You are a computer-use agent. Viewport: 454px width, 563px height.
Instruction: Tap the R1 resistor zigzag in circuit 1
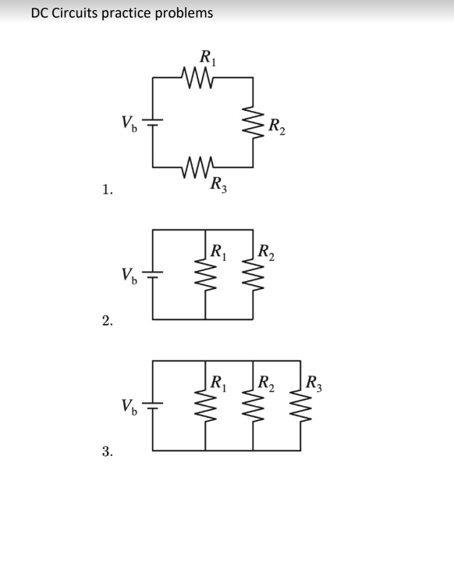coord(198,77)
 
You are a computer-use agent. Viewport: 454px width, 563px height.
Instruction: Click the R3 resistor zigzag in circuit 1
coord(198,167)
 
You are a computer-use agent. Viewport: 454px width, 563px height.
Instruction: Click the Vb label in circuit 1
coord(129,123)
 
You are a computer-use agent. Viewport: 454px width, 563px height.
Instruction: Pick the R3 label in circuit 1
coord(218,184)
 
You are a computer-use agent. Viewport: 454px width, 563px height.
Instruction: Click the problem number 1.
coord(107,189)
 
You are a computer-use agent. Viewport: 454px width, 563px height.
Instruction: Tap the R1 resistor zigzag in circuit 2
coord(205,275)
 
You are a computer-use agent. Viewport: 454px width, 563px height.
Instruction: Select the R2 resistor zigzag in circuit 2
coord(254,275)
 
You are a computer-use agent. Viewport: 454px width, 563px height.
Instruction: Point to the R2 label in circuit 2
coord(267,252)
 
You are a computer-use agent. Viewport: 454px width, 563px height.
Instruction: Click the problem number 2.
coord(107,320)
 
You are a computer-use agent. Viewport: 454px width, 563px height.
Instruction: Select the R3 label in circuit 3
coord(314,383)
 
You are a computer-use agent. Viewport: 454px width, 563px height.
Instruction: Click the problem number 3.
coord(107,451)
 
